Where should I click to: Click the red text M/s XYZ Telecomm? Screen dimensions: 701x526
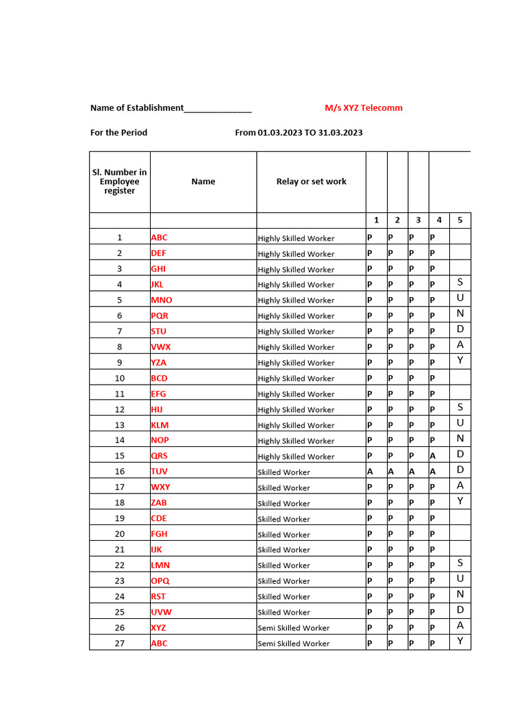363,107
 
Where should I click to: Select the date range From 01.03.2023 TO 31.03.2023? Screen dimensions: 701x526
299,132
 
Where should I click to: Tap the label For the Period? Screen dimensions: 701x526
118,132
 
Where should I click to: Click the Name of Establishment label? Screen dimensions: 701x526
137,107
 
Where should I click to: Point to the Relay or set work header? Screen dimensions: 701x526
311,181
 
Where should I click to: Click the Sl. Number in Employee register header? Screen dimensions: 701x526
119,181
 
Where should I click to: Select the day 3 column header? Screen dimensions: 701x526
418,220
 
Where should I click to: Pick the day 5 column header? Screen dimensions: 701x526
460,220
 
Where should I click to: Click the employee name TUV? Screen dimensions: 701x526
159,472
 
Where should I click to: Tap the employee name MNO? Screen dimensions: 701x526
162,300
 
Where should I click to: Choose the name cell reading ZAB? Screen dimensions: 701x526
159,502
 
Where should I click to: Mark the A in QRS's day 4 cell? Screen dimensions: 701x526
433,456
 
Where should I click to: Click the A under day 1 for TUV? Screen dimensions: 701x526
370,472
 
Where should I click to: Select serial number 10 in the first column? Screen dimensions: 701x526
120,378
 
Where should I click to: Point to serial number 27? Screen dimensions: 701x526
120,643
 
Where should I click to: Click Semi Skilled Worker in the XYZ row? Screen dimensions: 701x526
293,628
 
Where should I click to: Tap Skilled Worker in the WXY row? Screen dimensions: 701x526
284,487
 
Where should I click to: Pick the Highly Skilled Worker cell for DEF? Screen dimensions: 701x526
296,253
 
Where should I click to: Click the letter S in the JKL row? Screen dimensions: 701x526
460,283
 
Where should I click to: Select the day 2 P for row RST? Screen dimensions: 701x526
390,596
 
